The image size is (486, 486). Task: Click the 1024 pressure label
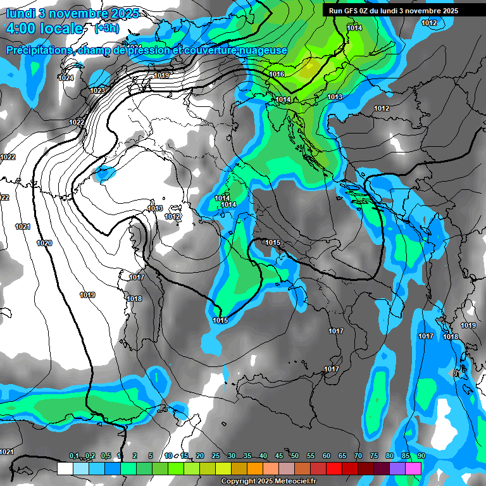tap(66, 78)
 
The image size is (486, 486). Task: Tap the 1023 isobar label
tap(97, 90)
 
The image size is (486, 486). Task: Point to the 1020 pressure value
tap(44, 243)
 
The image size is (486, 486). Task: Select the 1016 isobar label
tap(277, 75)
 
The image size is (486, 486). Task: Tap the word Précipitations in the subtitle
tap(39, 50)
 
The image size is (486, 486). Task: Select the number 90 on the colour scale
tap(421, 456)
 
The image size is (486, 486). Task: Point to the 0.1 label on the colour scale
tap(74, 456)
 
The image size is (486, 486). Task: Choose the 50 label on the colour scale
tap(295, 456)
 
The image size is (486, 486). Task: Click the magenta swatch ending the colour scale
tap(413, 468)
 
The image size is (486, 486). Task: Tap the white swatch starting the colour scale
tap(65, 468)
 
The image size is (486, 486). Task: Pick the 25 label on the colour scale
tap(216, 456)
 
